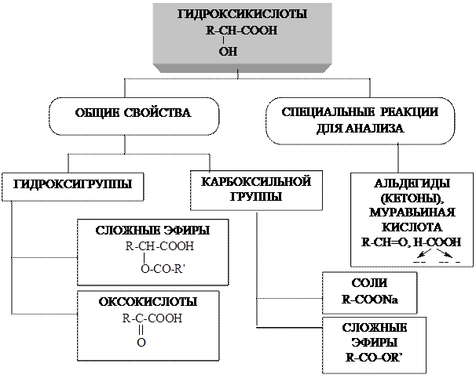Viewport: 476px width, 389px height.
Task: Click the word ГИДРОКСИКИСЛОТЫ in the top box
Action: (x=237, y=16)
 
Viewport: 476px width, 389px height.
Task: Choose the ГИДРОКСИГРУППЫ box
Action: (x=72, y=185)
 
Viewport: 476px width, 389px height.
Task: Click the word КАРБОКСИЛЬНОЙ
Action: (x=256, y=180)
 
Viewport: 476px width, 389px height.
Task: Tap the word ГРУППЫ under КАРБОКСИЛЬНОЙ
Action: (x=256, y=196)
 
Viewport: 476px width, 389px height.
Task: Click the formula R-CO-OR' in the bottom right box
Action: (x=374, y=358)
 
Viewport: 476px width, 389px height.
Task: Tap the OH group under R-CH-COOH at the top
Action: (x=227, y=52)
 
